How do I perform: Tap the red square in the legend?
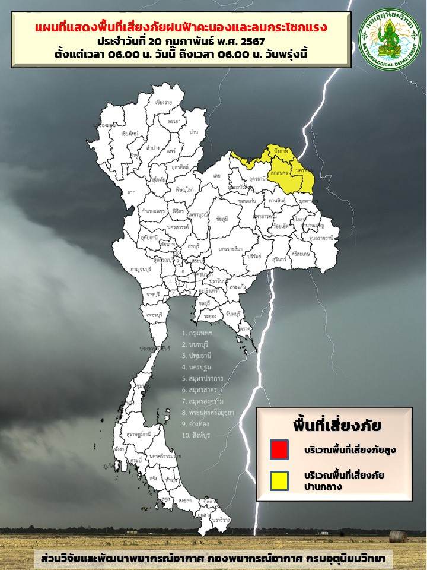(x=279, y=449)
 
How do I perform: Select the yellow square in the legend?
(x=279, y=480)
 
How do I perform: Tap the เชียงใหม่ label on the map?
(x=129, y=134)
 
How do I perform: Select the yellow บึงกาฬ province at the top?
(x=280, y=153)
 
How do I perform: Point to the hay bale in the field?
(x=398, y=536)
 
